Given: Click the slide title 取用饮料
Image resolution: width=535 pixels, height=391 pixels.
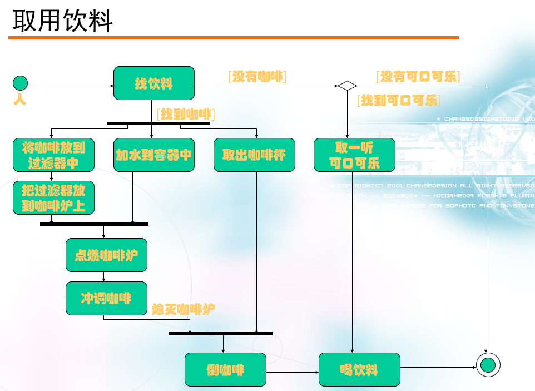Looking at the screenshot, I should click(x=63, y=22).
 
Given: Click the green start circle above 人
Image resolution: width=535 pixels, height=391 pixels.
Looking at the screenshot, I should click(x=20, y=83).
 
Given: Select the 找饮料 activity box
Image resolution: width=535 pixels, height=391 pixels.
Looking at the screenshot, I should click(x=154, y=83).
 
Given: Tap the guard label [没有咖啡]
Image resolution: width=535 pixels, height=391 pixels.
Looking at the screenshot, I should click(x=257, y=77).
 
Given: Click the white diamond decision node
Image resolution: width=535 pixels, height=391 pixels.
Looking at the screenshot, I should click(x=347, y=86).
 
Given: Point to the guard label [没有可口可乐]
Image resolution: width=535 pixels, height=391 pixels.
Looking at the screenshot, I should click(x=418, y=77).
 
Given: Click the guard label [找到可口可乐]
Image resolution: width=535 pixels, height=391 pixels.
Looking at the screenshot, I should click(x=399, y=101).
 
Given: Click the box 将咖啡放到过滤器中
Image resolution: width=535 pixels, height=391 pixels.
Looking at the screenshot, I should click(x=53, y=155).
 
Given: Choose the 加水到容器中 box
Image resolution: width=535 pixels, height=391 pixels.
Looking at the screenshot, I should click(x=154, y=155).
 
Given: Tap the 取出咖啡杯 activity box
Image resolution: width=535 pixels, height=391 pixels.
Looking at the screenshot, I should click(x=255, y=155).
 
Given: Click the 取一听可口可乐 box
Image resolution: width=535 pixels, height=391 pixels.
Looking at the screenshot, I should click(x=354, y=155).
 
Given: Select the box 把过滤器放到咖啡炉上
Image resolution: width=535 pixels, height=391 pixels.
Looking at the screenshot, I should click(x=53, y=197).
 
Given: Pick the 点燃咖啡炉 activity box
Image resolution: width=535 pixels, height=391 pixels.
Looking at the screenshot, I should click(x=106, y=255).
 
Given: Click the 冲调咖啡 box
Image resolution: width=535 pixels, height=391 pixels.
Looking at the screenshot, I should click(x=106, y=298).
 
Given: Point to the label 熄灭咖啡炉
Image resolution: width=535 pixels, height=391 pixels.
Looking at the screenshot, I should click(x=184, y=309).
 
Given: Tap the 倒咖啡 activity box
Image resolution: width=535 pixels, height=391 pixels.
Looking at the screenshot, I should click(x=225, y=369).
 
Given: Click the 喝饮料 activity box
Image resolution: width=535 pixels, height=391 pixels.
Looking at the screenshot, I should click(x=359, y=369).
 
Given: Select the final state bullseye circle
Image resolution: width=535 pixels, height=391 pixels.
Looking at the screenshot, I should click(x=488, y=365).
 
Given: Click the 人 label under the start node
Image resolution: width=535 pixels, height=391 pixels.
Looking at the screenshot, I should click(x=19, y=100).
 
